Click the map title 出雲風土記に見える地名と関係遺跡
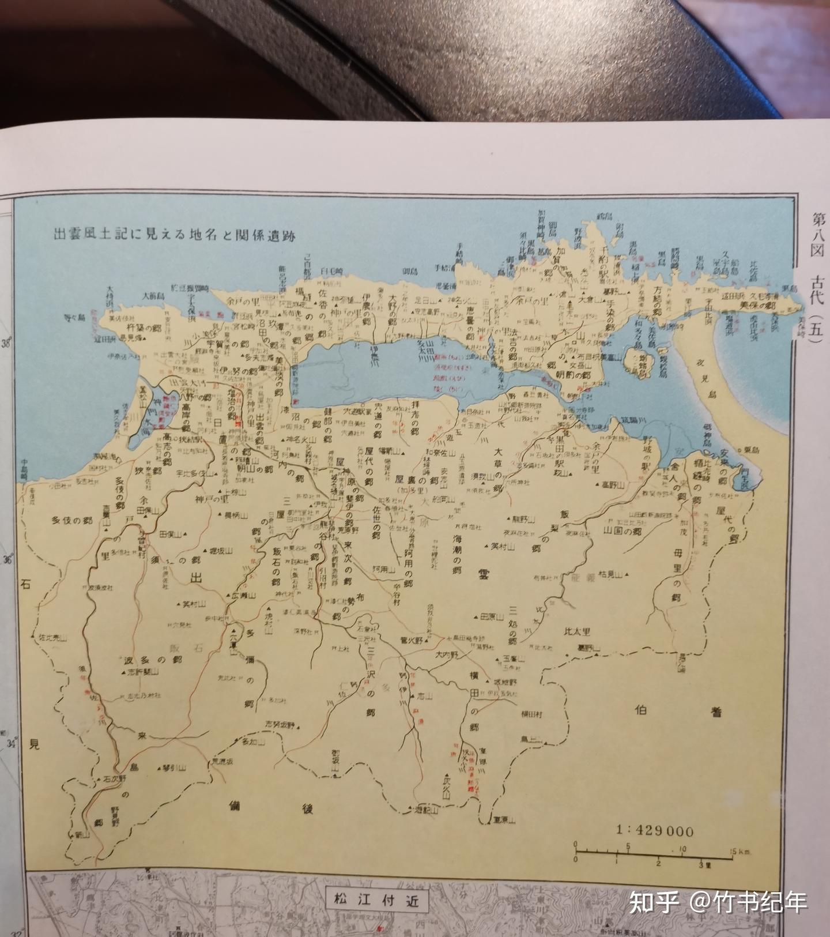click(x=174, y=235)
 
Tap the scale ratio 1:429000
click(x=655, y=830)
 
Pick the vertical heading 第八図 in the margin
click(x=817, y=238)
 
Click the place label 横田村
click(x=533, y=713)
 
